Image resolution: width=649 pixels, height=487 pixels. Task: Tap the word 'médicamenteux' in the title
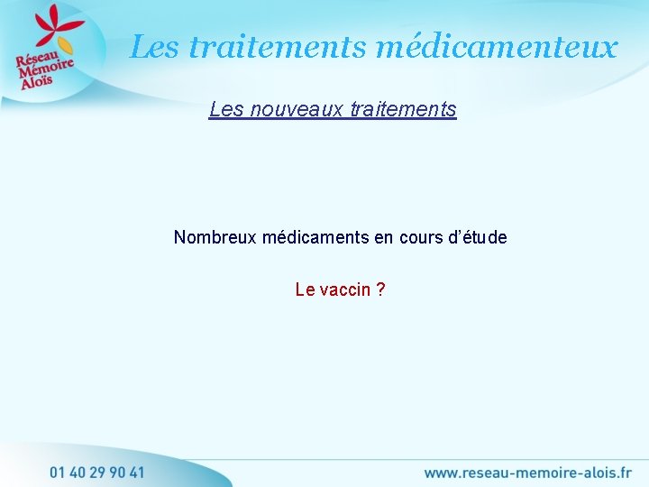pyautogui.click(x=497, y=46)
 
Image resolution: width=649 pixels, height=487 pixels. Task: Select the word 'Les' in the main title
pyautogui.click(x=154, y=46)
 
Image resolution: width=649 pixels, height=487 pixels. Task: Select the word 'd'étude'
pyautogui.click(x=479, y=237)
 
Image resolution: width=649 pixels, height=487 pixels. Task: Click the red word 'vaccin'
pyautogui.click(x=344, y=289)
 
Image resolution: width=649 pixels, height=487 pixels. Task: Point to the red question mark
pyautogui.click(x=381, y=289)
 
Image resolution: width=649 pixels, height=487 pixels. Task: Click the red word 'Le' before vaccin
pyautogui.click(x=305, y=289)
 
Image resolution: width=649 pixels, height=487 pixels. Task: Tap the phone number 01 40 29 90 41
pyautogui.click(x=96, y=471)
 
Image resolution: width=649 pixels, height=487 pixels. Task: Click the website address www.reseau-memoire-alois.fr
pyautogui.click(x=527, y=471)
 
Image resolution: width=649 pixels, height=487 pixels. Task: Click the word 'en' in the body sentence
pyautogui.click(x=384, y=237)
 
